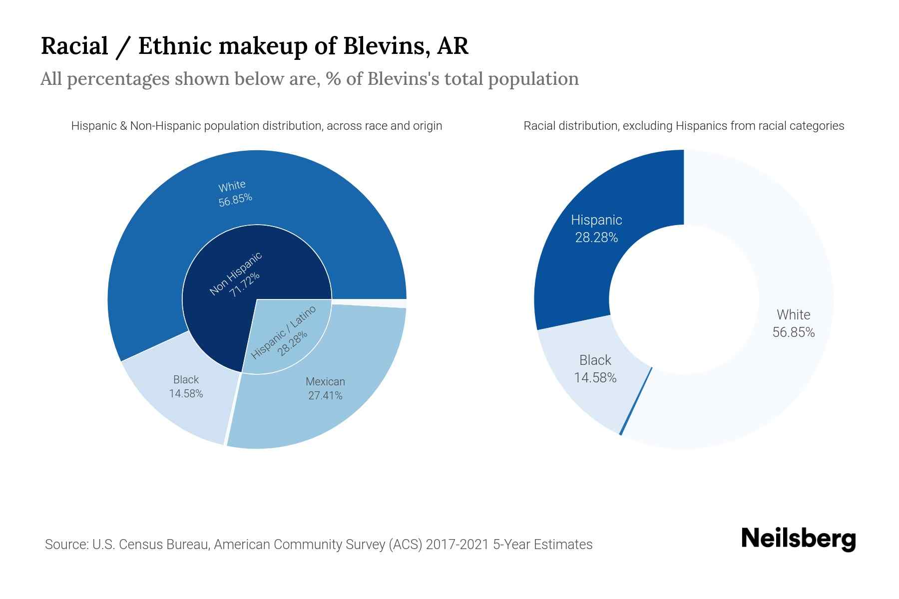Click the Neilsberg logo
(x=798, y=539)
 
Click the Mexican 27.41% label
(x=325, y=388)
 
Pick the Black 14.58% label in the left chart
(x=186, y=386)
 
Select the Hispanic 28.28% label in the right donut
(x=596, y=229)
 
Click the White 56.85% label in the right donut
(x=793, y=323)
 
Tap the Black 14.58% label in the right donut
(x=595, y=369)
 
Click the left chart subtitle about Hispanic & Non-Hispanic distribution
(x=256, y=126)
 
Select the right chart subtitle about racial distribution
(x=683, y=126)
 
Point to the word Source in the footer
(x=65, y=544)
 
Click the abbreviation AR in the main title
(x=452, y=45)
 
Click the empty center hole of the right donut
(x=684, y=299)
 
